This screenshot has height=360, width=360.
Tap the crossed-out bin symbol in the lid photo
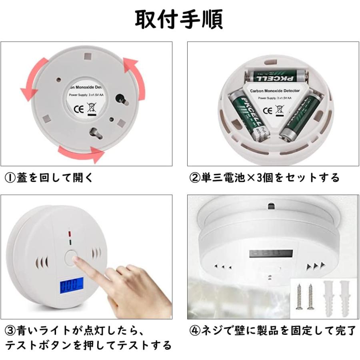pos(91,108)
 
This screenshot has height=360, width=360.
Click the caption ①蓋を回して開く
pos(48,177)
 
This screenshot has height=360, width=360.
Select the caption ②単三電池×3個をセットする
pos(264,177)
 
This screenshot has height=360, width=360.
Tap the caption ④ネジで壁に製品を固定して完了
pos(272,330)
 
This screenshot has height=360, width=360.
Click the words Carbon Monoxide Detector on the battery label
pos(274,91)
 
